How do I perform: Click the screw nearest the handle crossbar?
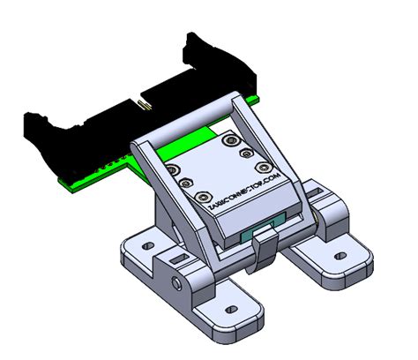coord(231,140)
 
